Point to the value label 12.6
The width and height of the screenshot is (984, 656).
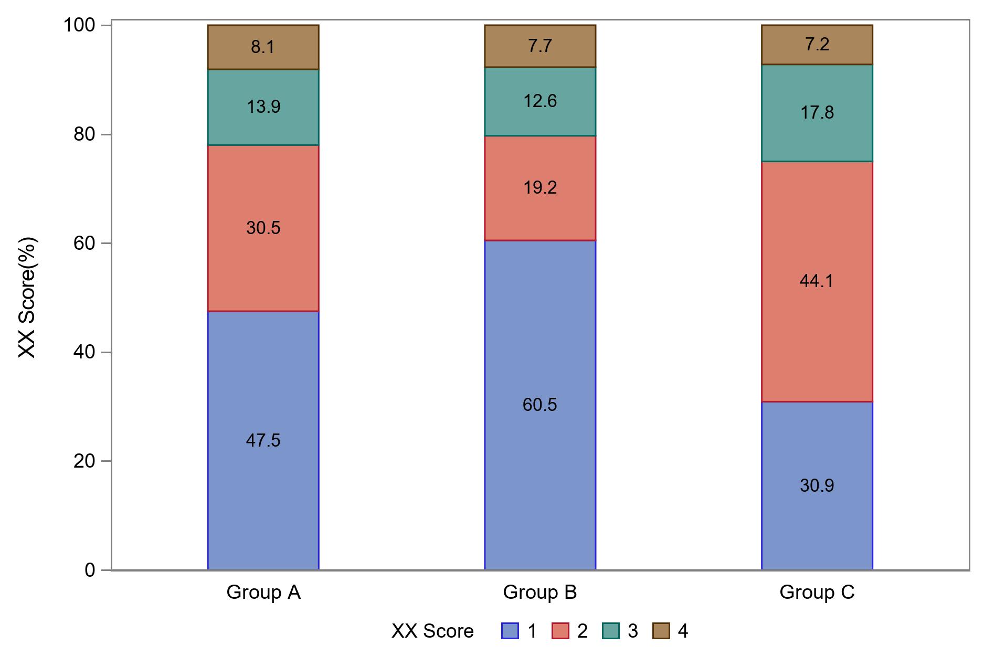pos(540,101)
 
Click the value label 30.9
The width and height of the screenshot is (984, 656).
pos(817,485)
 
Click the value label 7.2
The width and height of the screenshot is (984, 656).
pos(817,45)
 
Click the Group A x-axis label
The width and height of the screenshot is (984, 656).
pos(263,592)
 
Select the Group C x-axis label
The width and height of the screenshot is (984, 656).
pos(817,592)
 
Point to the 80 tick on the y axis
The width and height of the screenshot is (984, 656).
pos(84,134)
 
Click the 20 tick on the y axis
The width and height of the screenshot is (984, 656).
pos(84,461)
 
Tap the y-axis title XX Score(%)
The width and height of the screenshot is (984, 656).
pos(27,298)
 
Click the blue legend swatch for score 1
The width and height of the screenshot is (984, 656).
pos(510,631)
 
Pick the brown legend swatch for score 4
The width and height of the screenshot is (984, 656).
pos(661,631)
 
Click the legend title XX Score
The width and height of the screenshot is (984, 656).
pos(432,631)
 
